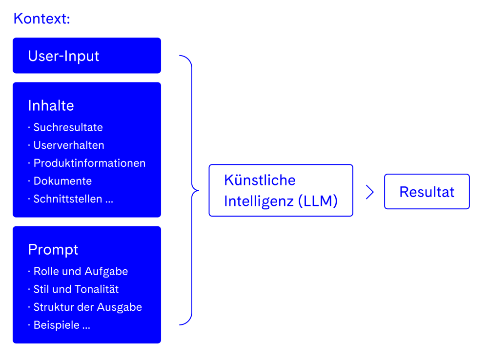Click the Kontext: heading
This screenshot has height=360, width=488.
pos(42,19)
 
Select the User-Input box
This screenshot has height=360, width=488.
pos(86,56)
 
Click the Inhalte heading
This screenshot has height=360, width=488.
pos(51,105)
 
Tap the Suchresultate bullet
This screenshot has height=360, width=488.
pos(68,127)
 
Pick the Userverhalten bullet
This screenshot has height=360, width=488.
pos(68,145)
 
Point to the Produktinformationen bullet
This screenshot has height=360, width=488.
pos(89,163)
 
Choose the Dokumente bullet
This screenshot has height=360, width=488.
pos(62,181)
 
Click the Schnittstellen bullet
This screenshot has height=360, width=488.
pos(73,199)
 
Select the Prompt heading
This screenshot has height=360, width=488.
pos(53,249)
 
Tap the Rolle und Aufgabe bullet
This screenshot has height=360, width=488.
pos(81,271)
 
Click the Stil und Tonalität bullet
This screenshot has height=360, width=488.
pos(76,289)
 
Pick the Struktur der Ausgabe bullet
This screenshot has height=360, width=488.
pos(87,307)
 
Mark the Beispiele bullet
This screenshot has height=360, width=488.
pos(61,325)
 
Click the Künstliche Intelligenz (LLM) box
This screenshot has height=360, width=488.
pos(281,190)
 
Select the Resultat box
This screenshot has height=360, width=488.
pos(427,192)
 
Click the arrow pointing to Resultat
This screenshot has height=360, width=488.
pos(369,192)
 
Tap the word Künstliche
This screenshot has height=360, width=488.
pos(260,180)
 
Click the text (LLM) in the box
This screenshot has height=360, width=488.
pos(318,201)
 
